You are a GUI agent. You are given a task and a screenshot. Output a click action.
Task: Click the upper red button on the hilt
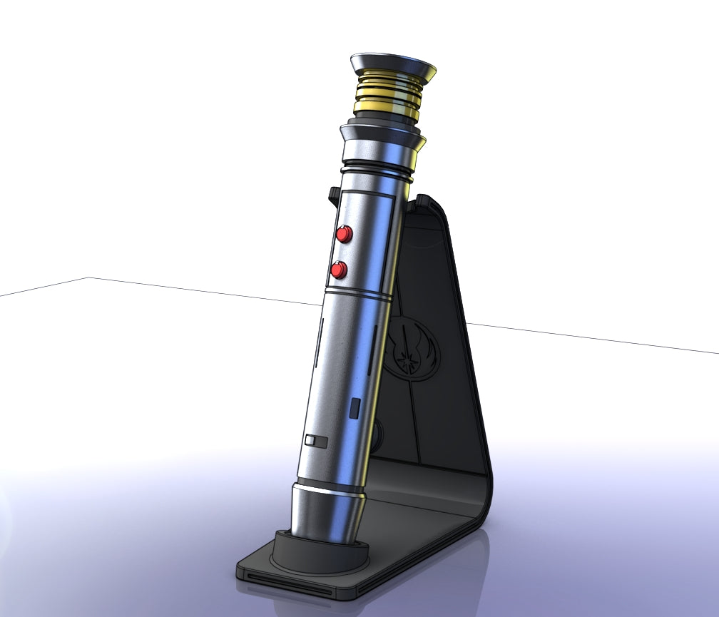(345, 234)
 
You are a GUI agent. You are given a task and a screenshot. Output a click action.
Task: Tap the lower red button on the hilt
(339, 270)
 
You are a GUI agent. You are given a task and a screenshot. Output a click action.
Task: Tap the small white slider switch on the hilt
(315, 441)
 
